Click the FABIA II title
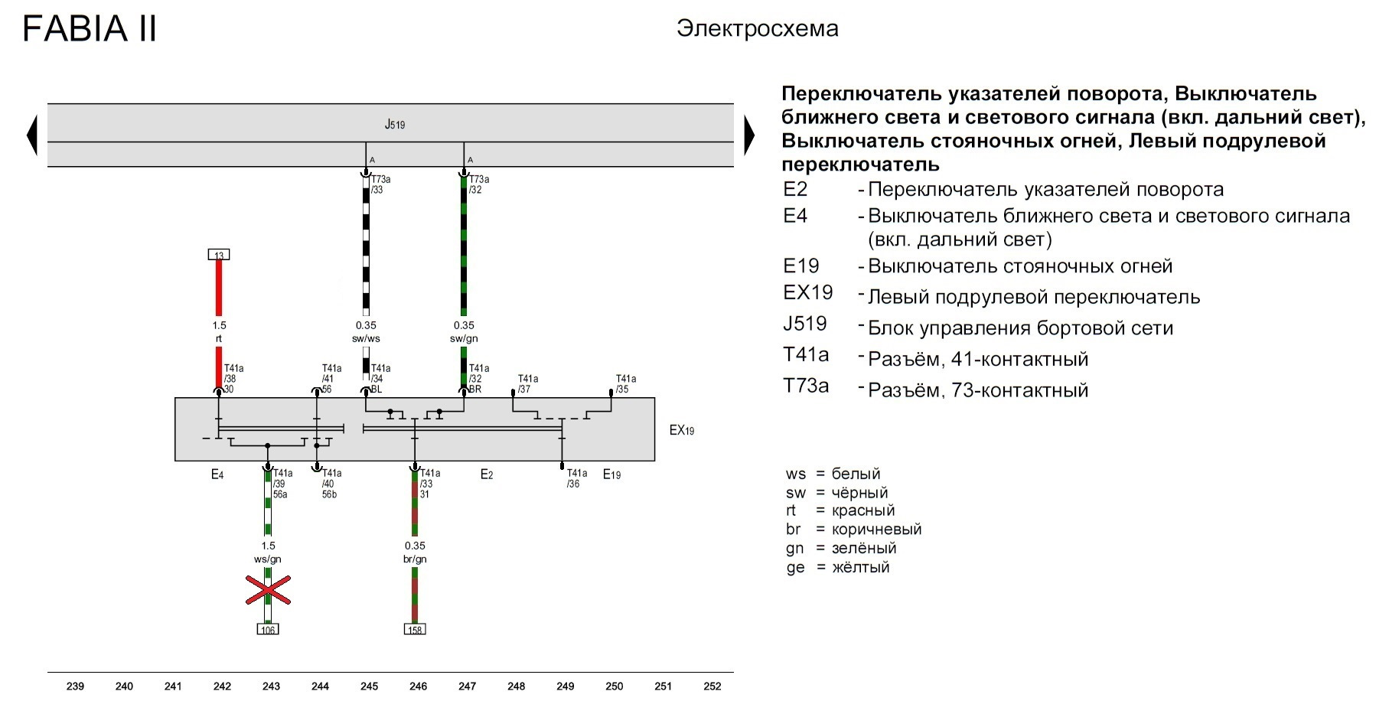point(90,29)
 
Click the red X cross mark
point(268,590)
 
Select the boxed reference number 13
point(219,255)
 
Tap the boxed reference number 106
point(268,630)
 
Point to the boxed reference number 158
point(415,630)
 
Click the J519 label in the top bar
point(395,124)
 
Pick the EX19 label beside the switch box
point(682,430)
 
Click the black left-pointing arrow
point(31,135)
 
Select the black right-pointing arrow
point(749,135)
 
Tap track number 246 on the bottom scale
point(418,686)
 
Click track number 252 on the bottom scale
point(712,686)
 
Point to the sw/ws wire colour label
point(366,338)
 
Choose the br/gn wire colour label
point(415,559)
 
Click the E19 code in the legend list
point(801,266)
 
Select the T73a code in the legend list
point(806,386)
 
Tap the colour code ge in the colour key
point(795,568)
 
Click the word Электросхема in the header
point(758,29)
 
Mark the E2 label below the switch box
point(487,474)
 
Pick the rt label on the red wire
point(219,338)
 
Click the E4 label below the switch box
point(217,474)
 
